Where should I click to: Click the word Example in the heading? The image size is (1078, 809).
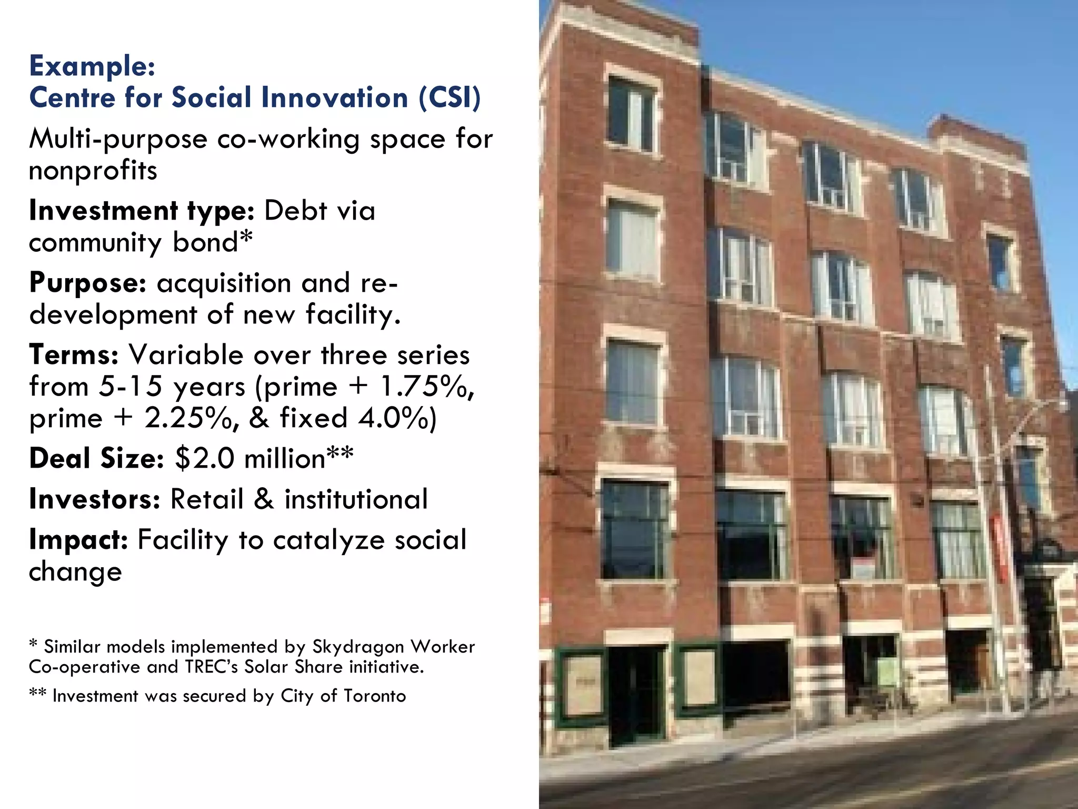coord(92,66)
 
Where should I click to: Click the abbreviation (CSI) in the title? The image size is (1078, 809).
coord(450,98)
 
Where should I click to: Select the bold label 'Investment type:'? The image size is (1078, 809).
coord(142,211)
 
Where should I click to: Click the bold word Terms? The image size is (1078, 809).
coord(74,355)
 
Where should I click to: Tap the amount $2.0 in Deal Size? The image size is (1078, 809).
coord(205,458)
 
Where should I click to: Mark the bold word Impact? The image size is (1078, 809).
coord(78,540)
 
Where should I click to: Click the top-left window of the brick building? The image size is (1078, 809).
coord(631,113)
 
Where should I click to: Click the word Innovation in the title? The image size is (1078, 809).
coord(335,98)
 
